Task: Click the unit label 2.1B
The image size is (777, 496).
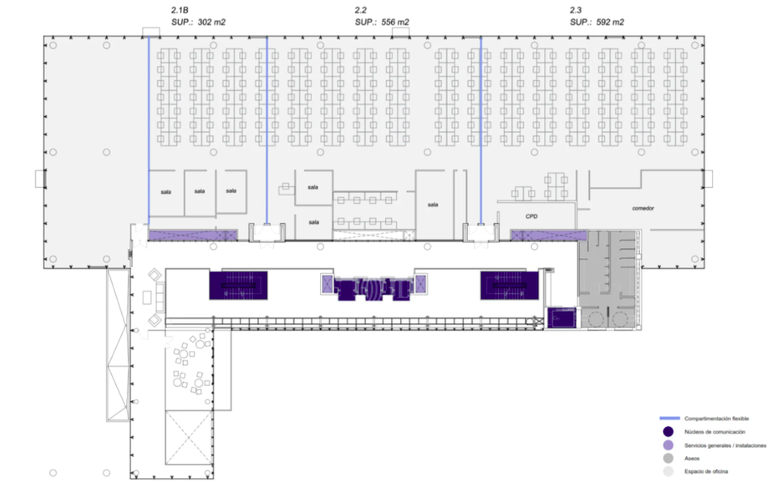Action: [x=180, y=10]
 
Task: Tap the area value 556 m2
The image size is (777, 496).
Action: [x=395, y=22]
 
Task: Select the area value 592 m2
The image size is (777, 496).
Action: [x=610, y=22]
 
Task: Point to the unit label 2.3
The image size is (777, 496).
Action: [x=576, y=10]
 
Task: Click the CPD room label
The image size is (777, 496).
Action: [x=531, y=216]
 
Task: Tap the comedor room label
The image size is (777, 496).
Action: [x=643, y=208]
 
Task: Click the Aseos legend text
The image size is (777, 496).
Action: [x=692, y=458]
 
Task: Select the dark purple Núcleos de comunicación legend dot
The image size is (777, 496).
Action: [x=668, y=432]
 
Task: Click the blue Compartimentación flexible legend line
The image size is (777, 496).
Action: [x=669, y=419]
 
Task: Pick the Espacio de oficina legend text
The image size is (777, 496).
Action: [x=706, y=472]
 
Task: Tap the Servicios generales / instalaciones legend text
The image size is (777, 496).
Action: [x=726, y=445]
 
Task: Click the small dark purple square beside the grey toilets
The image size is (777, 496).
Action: [x=561, y=317]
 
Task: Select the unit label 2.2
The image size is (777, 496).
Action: [x=360, y=10]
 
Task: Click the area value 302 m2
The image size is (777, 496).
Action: [x=212, y=22]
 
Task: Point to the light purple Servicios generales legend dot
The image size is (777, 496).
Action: [x=668, y=445]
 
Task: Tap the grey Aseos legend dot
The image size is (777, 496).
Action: [x=668, y=458]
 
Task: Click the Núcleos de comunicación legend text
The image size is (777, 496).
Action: [x=715, y=432]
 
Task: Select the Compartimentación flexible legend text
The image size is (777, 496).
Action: [x=716, y=419]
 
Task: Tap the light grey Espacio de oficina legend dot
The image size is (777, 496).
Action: [x=668, y=472]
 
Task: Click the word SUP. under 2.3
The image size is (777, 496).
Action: [x=581, y=22]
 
